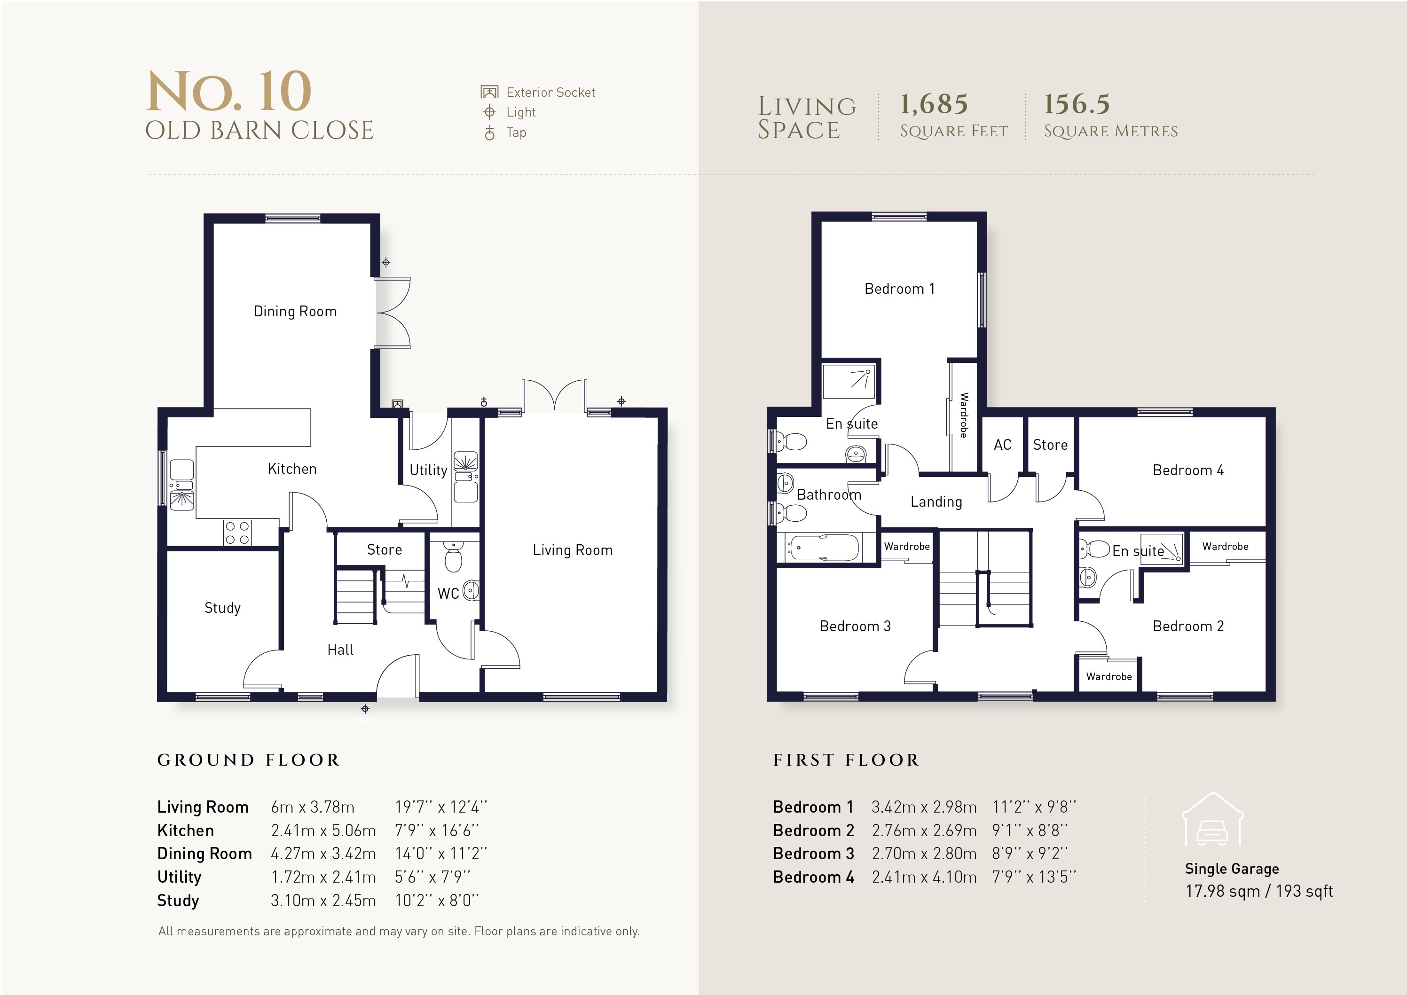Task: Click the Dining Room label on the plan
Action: (295, 311)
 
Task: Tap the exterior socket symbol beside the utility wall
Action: (398, 404)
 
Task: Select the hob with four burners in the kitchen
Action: (237, 533)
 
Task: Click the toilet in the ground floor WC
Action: (453, 557)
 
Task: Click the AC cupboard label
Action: (1003, 445)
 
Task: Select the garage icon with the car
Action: (1213, 821)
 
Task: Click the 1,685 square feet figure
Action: (934, 104)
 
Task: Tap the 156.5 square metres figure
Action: (1077, 104)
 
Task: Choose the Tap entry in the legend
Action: (516, 133)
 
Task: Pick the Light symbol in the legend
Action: (489, 112)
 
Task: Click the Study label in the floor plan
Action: (222, 608)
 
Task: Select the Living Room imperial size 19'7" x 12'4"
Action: (440, 807)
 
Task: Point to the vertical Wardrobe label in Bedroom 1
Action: (963, 415)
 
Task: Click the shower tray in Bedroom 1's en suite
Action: (849, 381)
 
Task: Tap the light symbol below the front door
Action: (365, 709)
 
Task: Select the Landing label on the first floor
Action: (936, 502)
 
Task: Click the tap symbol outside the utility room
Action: (484, 402)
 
